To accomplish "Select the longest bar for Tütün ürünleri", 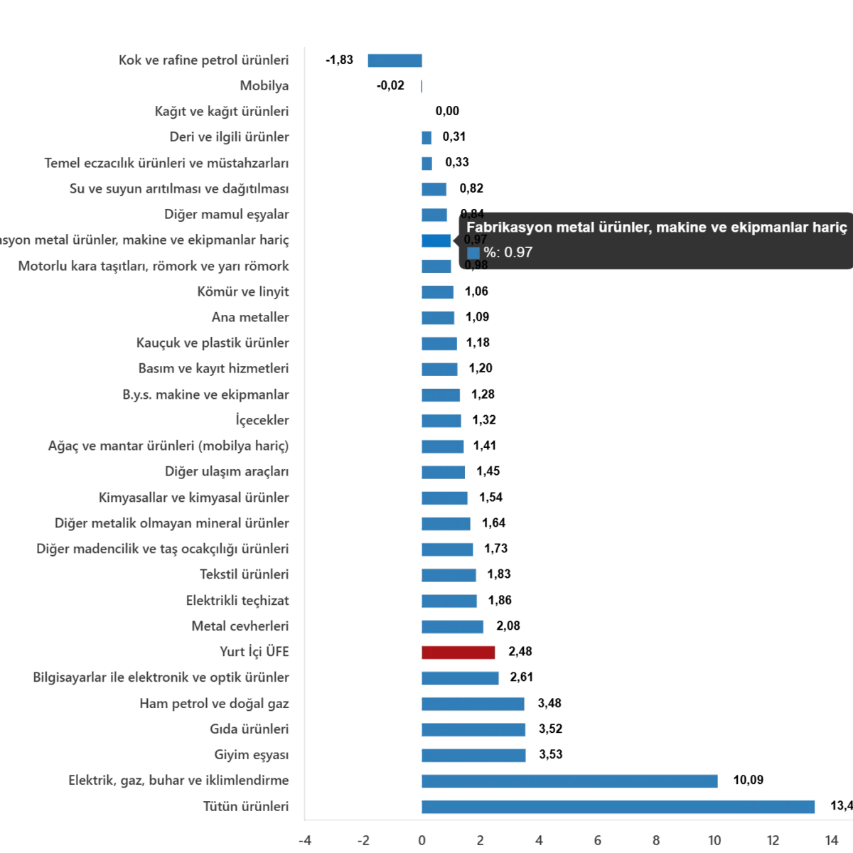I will [x=619, y=806].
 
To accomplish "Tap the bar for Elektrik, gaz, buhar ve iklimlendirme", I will [x=571, y=781].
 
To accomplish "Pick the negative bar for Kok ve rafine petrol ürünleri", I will [x=394, y=60].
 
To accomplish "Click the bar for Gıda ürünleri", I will [x=474, y=730].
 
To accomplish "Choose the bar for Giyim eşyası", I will [x=474, y=755].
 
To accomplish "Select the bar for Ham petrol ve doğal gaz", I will [x=474, y=704].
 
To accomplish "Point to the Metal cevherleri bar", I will [x=454, y=627].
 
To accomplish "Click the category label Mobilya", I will [x=264, y=86].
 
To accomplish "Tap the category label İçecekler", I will [x=262, y=420].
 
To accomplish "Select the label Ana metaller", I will [x=250, y=317].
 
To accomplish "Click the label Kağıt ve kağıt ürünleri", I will [x=222, y=112].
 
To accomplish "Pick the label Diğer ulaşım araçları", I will [x=227, y=471].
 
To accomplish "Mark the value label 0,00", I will [x=446, y=112].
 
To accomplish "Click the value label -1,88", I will [x=341, y=60].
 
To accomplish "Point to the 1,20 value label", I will [x=481, y=368].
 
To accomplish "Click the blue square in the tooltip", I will [x=473, y=253].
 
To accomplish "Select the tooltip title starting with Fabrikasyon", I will [x=656, y=228].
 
